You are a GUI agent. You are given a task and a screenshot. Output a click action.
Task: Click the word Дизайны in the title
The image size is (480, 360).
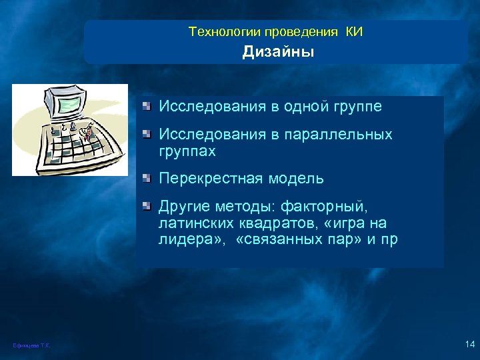[278, 51]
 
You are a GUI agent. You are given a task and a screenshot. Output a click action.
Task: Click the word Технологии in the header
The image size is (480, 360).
[225, 31]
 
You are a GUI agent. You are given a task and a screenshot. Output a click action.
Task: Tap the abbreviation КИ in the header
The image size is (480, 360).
[354, 31]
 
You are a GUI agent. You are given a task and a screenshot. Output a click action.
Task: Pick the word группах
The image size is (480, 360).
[187, 152]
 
